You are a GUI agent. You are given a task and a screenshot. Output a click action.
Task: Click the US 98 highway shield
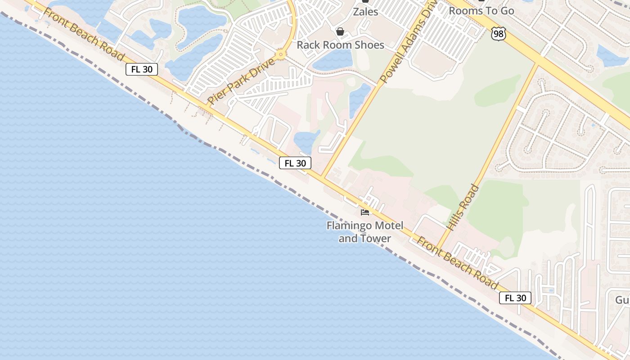click(x=499, y=33)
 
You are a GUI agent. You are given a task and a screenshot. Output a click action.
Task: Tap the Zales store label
click(x=365, y=12)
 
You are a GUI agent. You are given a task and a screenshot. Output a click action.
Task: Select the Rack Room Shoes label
click(x=341, y=45)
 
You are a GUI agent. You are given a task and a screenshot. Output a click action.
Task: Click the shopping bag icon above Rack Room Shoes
click(x=340, y=31)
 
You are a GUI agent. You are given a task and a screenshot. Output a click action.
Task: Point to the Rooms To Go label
click(x=481, y=11)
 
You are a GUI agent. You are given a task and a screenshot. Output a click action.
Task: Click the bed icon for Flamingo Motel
click(x=365, y=212)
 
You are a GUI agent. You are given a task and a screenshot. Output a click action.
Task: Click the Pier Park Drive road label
click(x=241, y=81)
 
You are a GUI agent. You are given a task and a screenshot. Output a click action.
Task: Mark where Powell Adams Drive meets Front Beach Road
click(x=323, y=176)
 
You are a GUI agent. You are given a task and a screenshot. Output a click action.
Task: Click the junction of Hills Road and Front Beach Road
click(x=438, y=250)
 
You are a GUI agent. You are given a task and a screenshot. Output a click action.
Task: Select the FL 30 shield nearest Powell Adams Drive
click(x=295, y=163)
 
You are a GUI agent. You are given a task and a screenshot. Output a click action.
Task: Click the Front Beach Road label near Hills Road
click(x=457, y=263)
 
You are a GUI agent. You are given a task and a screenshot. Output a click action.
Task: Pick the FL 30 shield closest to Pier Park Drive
click(x=142, y=69)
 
